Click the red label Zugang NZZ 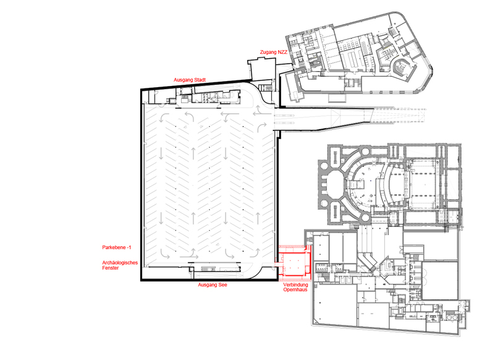tap(274, 53)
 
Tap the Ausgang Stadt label tap(190, 80)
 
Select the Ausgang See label tap(213, 285)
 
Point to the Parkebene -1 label tap(117, 247)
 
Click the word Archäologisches tap(120, 263)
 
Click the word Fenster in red tap(111, 268)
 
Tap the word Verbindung tap(295, 285)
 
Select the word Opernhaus tap(295, 289)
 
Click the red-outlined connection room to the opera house tap(295, 264)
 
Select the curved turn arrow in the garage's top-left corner tap(164, 118)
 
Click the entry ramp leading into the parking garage tap(323, 119)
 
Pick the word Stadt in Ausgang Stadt tap(199, 80)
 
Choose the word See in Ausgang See tap(222, 285)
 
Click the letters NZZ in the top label tap(282, 53)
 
